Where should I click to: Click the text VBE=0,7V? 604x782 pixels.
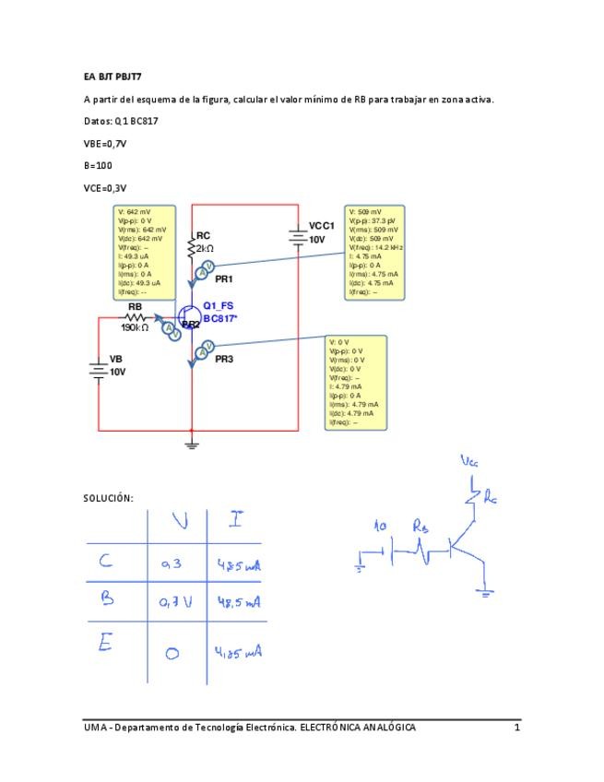pyautogui.click(x=103, y=143)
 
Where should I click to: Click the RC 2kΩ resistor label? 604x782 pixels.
pyautogui.click(x=204, y=242)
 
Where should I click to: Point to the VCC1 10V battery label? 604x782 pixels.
pyautogui.click(x=320, y=232)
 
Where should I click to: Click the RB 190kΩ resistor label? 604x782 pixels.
pyautogui.click(x=135, y=316)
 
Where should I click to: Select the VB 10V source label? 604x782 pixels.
pyautogui.click(x=117, y=365)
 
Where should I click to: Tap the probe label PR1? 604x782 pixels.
pyautogui.click(x=224, y=278)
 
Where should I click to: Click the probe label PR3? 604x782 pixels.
pyautogui.click(x=224, y=360)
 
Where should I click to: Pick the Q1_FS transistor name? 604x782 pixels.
pyautogui.click(x=219, y=306)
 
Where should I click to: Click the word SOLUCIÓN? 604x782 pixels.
pyautogui.click(x=108, y=498)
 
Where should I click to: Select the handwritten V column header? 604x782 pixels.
pyautogui.click(x=179, y=522)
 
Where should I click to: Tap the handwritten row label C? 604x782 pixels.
pyautogui.click(x=107, y=561)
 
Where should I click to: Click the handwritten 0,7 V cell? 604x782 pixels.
pyautogui.click(x=174, y=602)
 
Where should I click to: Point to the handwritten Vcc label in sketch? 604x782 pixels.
pyautogui.click(x=470, y=461)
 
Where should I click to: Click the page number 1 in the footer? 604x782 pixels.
pyautogui.click(x=517, y=728)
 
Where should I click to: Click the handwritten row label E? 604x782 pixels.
pyautogui.click(x=105, y=644)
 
